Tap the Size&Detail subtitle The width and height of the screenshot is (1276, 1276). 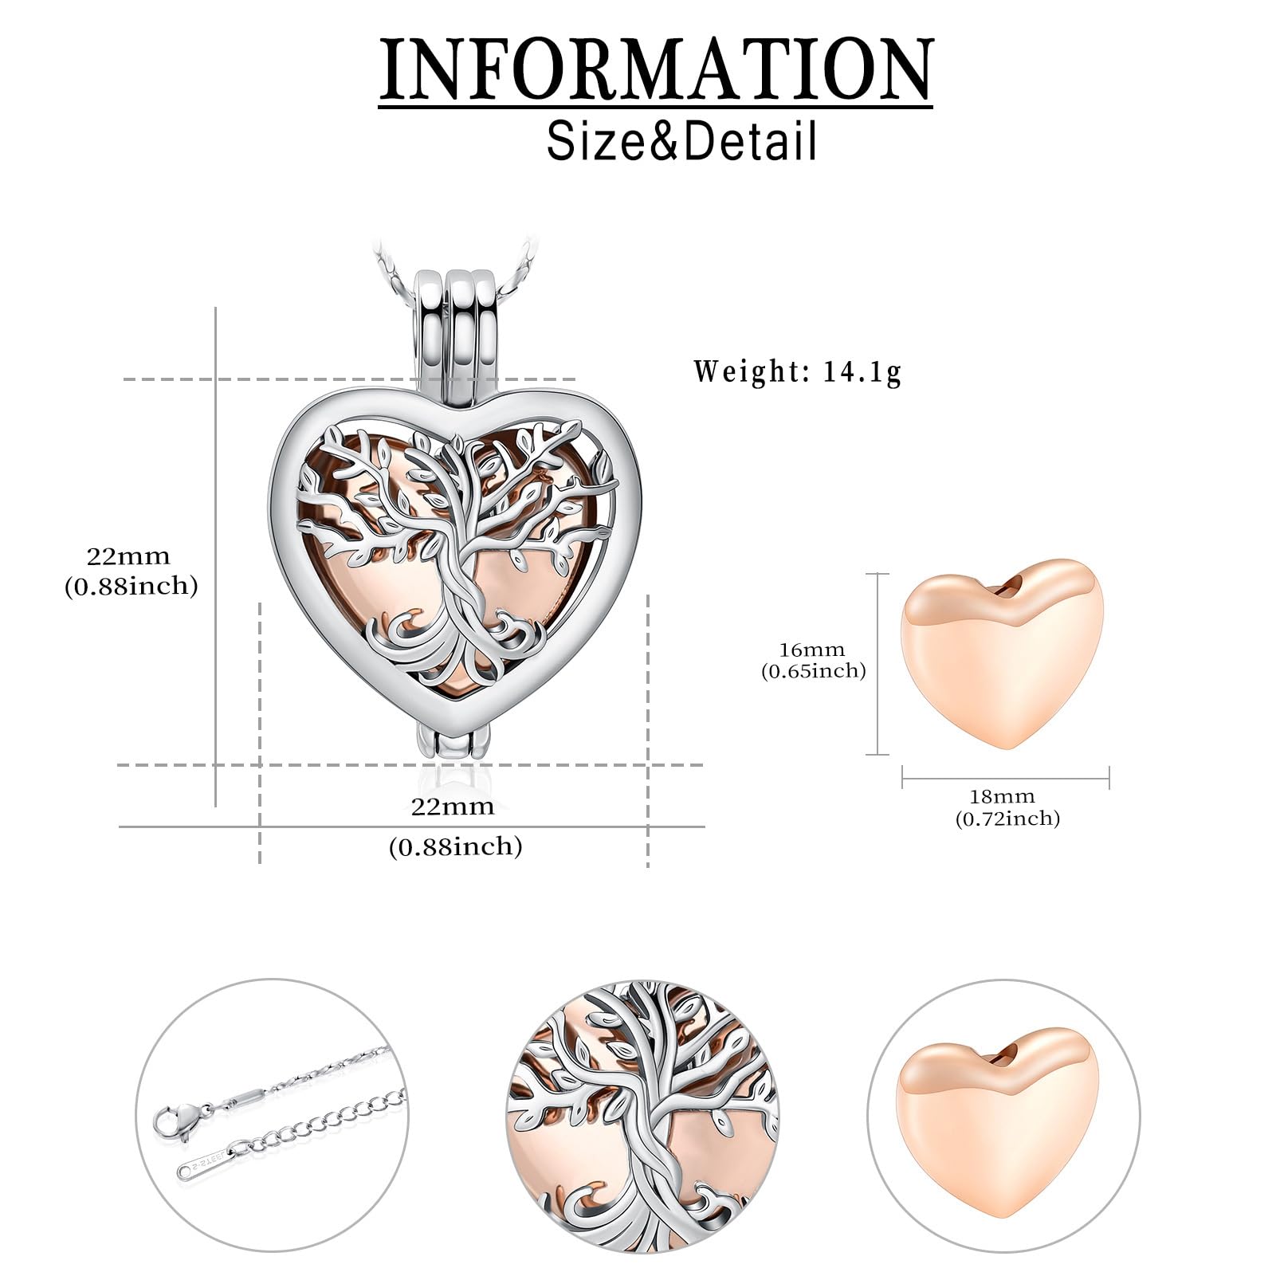coord(682,140)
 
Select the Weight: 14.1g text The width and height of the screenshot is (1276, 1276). coord(797,371)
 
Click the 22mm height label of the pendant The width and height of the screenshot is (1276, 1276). coord(129,555)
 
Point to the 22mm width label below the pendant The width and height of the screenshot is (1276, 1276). coord(453,806)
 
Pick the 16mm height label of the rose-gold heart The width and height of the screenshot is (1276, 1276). coord(812,650)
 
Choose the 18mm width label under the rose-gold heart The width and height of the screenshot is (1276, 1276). coord(1002,795)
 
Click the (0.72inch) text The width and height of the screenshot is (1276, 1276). coord(1007,818)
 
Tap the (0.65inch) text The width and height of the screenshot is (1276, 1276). coord(813,671)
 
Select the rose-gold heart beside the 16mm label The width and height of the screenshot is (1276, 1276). coord(1003,655)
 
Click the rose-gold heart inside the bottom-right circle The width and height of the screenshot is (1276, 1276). coord(1003,1101)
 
